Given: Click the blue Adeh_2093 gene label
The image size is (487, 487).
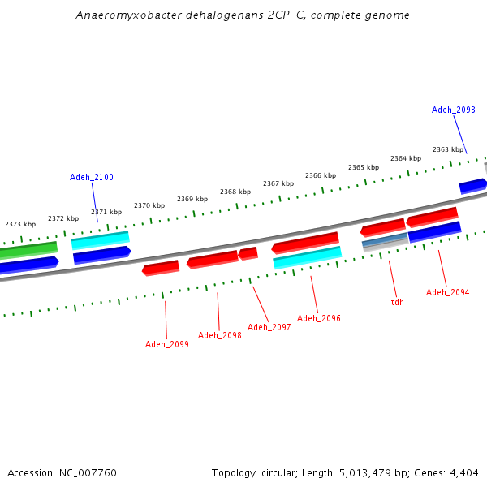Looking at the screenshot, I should (453, 110).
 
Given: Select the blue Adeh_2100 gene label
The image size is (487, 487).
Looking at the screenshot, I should (92, 177).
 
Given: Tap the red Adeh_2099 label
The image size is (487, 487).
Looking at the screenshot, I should (167, 344).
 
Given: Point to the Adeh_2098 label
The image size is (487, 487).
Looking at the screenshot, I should (220, 335).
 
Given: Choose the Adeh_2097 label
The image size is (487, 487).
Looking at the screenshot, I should (269, 327).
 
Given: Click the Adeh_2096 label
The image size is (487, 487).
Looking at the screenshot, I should (318, 318).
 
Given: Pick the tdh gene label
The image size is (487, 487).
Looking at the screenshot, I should (397, 302).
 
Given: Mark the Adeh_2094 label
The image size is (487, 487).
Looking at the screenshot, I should (447, 292).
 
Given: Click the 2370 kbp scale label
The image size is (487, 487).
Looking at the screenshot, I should (149, 206).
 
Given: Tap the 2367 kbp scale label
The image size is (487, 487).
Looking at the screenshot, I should (278, 183).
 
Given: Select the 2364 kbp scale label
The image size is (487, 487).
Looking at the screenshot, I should (406, 158).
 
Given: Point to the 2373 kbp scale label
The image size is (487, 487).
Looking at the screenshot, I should (20, 224).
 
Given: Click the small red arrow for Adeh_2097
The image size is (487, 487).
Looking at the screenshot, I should (248, 254).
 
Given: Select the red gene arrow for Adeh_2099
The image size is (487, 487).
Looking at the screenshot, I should (161, 268).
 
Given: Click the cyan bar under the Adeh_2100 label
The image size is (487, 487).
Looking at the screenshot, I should (100, 240).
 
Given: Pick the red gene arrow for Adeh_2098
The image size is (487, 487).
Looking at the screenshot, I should (213, 260).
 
